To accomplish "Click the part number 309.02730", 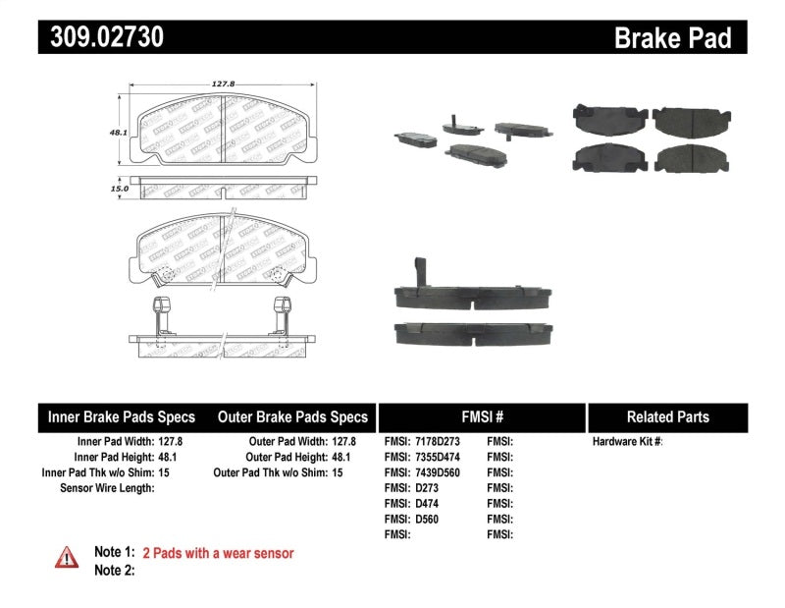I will coord(101,37).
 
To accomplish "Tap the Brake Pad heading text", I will coord(673,38).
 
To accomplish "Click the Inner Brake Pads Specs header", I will coord(122,416).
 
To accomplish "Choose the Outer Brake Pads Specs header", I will coord(292,416).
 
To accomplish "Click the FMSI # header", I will coord(481,416).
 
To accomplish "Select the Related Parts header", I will coord(667,416).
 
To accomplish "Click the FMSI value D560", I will coord(426,519).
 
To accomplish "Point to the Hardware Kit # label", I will coord(627,442).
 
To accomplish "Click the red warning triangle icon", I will coord(67,557).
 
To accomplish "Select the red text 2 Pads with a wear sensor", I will coord(218,553).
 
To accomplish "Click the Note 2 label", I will coord(114,570).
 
